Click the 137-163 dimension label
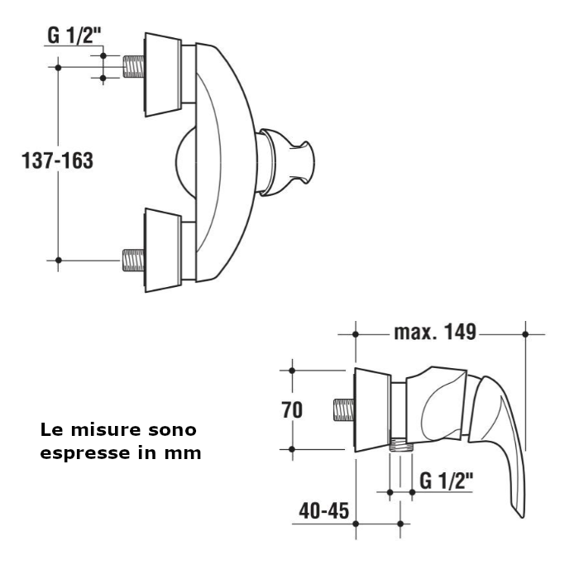57,160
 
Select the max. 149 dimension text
434,333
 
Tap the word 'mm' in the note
187,453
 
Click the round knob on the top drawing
289,162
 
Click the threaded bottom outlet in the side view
400,444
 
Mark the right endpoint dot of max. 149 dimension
525,333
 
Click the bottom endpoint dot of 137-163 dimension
58,260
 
